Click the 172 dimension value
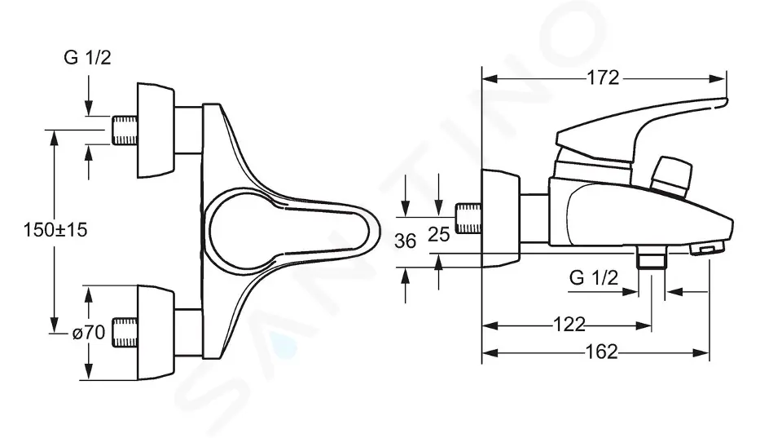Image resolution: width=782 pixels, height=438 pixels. (603, 78)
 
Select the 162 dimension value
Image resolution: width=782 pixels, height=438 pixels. (601, 352)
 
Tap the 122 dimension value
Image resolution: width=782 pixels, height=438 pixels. (569, 325)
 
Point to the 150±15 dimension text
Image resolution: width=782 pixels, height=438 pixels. (55, 230)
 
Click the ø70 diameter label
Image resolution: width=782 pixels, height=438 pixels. (89, 332)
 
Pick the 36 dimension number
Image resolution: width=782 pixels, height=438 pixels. (405, 241)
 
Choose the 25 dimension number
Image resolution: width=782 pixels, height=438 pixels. (439, 234)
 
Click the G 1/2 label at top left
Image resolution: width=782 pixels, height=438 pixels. (87, 58)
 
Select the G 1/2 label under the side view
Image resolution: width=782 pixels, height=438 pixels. (594, 277)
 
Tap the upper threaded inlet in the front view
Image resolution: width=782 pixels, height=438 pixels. (125, 131)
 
